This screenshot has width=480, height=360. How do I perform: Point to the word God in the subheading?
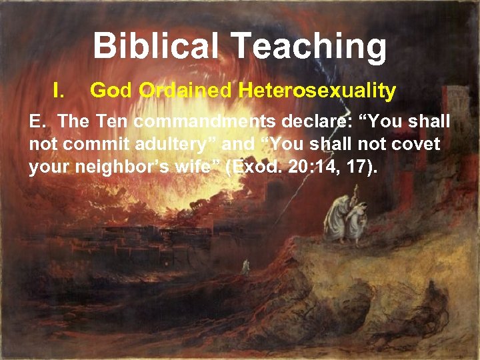111,90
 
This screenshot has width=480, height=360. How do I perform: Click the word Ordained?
185,90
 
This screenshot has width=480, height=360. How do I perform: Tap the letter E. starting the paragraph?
37,122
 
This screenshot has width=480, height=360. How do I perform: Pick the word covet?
417,144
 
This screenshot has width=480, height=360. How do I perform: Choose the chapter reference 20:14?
314,166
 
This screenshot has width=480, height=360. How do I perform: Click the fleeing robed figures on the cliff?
347,219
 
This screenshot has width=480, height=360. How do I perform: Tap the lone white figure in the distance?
245,266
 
